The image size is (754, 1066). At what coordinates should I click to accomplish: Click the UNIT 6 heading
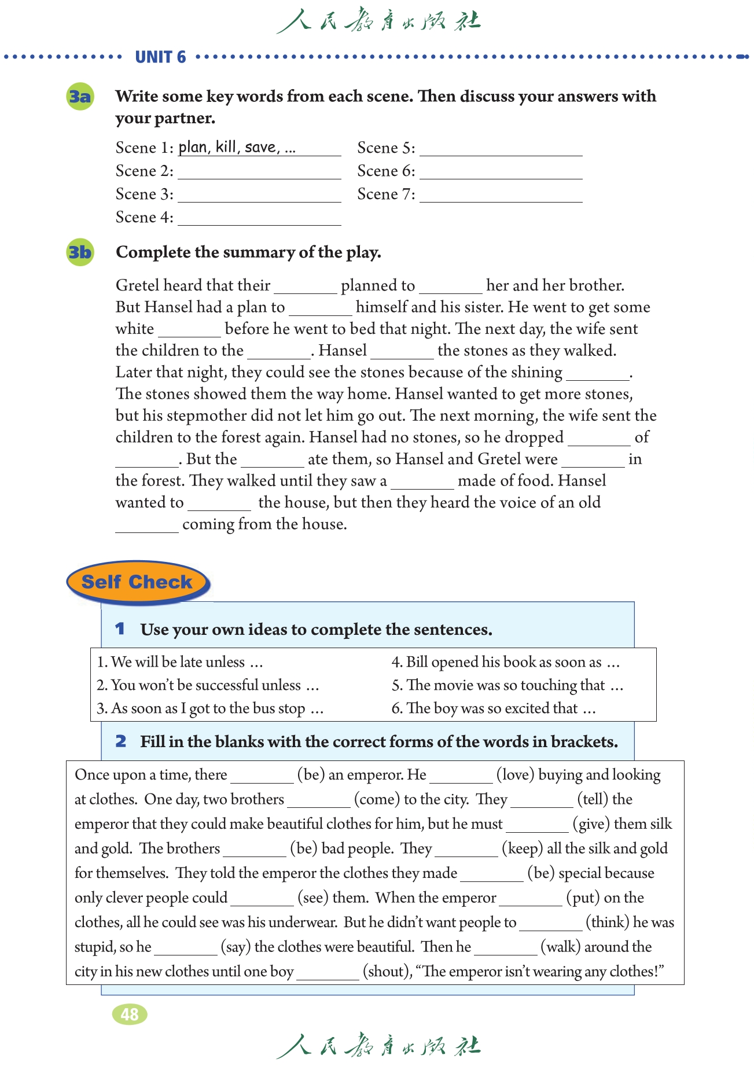point(160,57)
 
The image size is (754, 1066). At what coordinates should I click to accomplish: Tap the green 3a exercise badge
point(80,96)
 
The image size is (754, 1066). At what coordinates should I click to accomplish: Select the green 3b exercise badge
point(80,252)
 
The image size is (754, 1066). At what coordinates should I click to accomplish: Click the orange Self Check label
point(137,582)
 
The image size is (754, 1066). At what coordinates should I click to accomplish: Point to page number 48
point(130,1014)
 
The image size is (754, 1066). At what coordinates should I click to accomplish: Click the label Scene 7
point(386,194)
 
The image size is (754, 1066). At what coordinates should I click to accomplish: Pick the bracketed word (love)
point(515,775)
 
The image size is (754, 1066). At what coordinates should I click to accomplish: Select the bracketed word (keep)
point(522,848)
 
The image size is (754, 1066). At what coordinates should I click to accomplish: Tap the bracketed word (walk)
point(560,947)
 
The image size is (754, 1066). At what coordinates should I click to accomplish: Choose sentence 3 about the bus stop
point(209,708)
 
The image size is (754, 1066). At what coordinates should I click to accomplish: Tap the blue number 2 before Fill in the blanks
point(120,741)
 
